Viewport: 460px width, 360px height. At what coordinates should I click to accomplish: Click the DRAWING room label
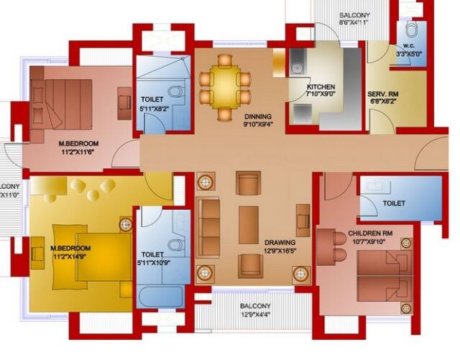279,242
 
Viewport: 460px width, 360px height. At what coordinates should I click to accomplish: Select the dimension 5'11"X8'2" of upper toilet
152,109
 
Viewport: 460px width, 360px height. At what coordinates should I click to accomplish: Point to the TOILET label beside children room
394,203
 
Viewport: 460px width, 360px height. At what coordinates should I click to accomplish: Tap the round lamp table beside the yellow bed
126,224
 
